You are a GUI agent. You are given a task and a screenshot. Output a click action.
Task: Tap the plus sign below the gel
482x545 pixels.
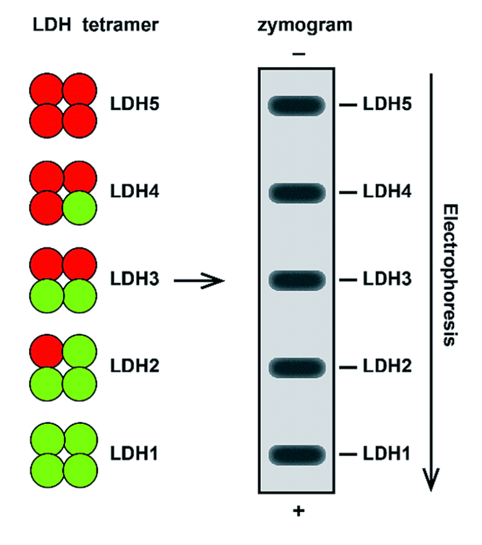coord(298,512)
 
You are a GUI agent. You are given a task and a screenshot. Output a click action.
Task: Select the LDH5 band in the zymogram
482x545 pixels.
coord(297,104)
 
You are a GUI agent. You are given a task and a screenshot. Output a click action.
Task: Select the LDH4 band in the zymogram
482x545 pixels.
coord(297,192)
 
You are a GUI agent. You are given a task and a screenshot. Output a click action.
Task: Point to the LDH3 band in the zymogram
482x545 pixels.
coord(297,280)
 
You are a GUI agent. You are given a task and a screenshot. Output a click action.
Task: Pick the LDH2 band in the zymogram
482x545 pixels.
coord(297,367)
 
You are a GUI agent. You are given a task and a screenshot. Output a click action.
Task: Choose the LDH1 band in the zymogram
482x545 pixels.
coord(297,454)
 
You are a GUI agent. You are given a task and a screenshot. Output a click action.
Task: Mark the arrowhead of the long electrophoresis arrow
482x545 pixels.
coord(431,482)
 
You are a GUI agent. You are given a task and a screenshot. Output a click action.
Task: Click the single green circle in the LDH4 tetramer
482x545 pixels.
coord(80,209)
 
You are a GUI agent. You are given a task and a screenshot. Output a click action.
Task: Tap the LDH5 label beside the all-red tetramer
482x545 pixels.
coord(134,104)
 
